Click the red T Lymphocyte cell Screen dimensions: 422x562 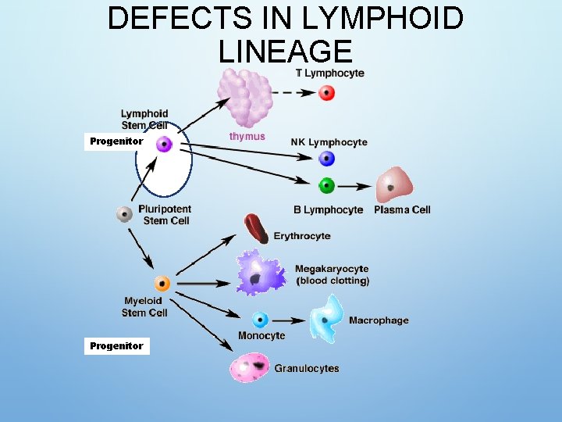(327, 93)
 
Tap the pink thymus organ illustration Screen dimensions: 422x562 (245, 98)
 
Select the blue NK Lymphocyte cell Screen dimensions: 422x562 (327, 159)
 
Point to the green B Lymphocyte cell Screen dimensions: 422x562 (327, 186)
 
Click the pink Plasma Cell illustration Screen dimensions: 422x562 (393, 185)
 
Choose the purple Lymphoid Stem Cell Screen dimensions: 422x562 (164, 144)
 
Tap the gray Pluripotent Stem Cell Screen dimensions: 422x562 (124, 214)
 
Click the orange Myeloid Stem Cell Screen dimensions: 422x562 (162, 284)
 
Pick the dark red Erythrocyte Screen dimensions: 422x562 (256, 228)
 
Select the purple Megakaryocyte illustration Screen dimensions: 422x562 (261, 273)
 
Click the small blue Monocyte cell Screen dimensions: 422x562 (260, 320)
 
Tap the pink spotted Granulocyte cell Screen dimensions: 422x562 (250, 367)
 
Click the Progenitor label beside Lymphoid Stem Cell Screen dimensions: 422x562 (116, 141)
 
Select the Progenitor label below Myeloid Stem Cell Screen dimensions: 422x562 (116, 345)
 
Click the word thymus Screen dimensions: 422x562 (247, 136)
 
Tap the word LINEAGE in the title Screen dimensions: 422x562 (286, 52)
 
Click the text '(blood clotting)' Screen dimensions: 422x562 (332, 281)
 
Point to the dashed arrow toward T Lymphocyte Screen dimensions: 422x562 (295, 93)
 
